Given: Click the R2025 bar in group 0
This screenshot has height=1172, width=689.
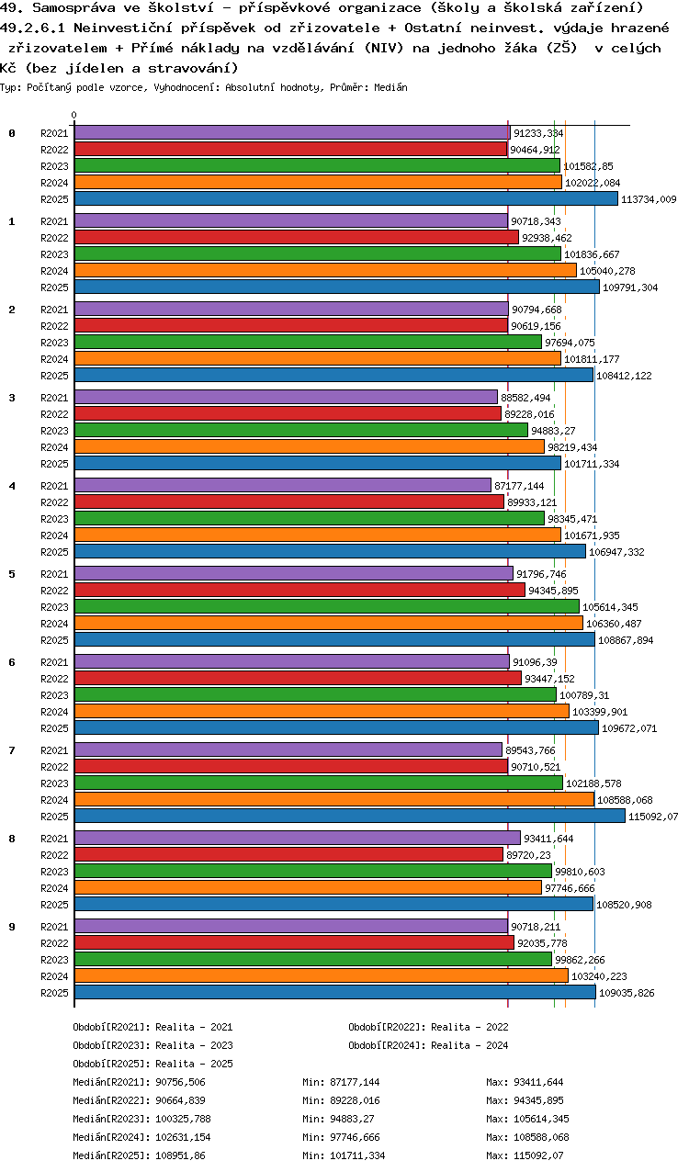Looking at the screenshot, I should click(x=345, y=198).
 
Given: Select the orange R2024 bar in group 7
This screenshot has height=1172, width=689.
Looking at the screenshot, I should click(x=333, y=799).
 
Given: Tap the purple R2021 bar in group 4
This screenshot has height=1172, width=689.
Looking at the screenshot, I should click(x=282, y=485).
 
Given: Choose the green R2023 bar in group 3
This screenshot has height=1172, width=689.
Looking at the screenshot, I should click(x=300, y=430).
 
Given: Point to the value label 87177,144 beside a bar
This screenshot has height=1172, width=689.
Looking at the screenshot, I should click(x=519, y=486).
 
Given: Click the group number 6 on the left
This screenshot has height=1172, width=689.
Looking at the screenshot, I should click(x=12, y=662).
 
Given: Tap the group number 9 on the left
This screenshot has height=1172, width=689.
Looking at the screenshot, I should click(x=12, y=927).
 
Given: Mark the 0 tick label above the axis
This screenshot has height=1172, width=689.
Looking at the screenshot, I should click(x=73, y=116).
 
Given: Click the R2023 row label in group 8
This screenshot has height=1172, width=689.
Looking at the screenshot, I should click(x=54, y=872).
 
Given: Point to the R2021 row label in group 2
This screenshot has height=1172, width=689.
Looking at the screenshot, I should click(x=54, y=310).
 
